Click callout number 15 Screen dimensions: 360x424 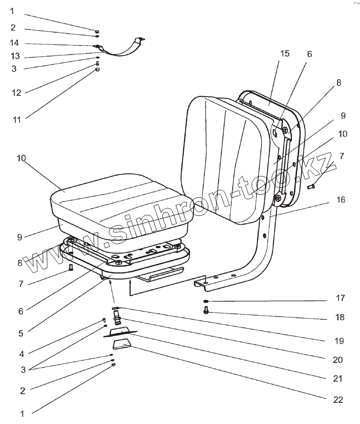285,54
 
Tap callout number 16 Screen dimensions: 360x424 341,200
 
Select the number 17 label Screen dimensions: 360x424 340,298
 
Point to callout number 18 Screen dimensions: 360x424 340,317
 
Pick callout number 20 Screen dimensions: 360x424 338,360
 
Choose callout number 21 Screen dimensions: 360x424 338,379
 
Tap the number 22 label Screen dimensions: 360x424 338,400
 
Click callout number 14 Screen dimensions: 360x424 14,43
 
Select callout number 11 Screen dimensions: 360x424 17,120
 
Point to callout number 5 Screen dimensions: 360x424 21,334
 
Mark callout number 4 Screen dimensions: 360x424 22,354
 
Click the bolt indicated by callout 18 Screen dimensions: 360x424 206,310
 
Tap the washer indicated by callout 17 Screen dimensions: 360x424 206,301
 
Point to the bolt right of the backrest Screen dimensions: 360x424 311,186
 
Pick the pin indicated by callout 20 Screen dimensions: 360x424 117,317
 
